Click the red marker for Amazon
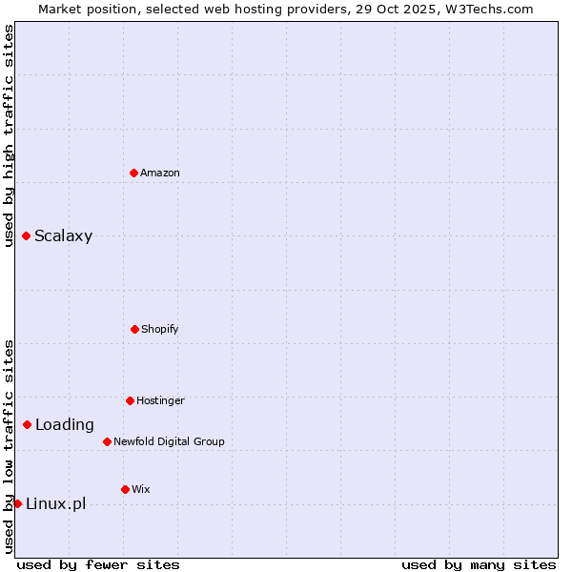pyautogui.click(x=134, y=173)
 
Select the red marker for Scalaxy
pyautogui.click(x=26, y=235)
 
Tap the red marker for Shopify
pyautogui.click(x=134, y=329)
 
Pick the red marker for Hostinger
pyautogui.click(x=130, y=400)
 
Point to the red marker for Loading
pyautogui.click(x=27, y=424)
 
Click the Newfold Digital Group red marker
pyautogui.click(x=107, y=441)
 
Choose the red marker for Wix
pyautogui.click(x=125, y=489)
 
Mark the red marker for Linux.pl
pyautogui.click(x=17, y=503)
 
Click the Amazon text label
pyautogui.click(x=160, y=173)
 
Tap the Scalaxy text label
pyautogui.click(x=63, y=236)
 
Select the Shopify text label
pyautogui.click(x=160, y=329)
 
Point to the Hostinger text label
pyautogui.click(x=160, y=400)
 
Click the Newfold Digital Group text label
pyautogui.click(x=169, y=441)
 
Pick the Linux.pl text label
pyautogui.click(x=55, y=504)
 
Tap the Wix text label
pyautogui.click(x=140, y=489)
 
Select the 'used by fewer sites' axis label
pyautogui.click(x=98, y=564)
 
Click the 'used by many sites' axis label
pyautogui.click(x=479, y=564)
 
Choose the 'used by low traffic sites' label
pyautogui.click(x=9, y=446)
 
